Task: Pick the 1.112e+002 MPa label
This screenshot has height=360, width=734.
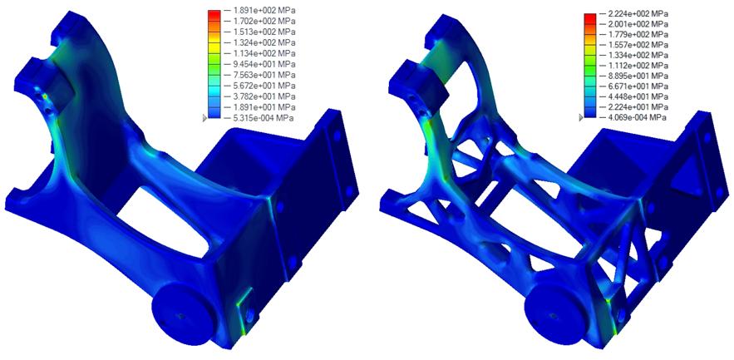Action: coord(638,66)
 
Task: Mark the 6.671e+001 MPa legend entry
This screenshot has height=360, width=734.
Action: coord(638,86)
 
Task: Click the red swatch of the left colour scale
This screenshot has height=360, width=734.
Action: coord(214,16)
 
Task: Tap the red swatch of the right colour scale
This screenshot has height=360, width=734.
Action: coord(590,18)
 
